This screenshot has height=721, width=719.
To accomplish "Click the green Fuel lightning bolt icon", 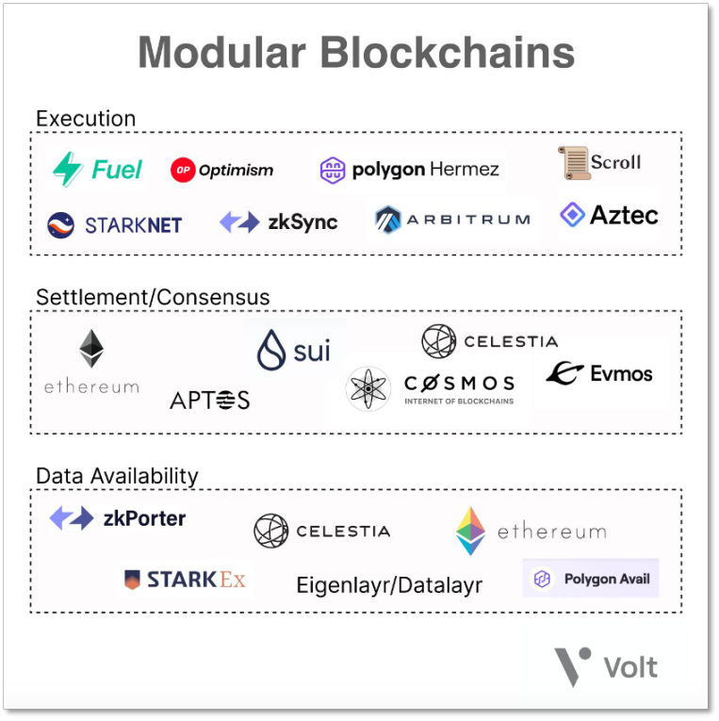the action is (x=68, y=170).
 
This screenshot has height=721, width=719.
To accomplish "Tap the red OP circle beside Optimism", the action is (x=183, y=170).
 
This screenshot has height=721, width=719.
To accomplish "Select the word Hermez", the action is (x=465, y=170).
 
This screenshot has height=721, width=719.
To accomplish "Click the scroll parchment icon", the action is (x=574, y=163).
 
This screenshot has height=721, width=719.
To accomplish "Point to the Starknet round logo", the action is (x=60, y=225).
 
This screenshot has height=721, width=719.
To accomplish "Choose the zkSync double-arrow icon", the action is (x=239, y=222).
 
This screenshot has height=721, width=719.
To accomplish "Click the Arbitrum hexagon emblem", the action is (x=388, y=220).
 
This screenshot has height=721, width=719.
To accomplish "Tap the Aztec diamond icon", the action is (x=573, y=214).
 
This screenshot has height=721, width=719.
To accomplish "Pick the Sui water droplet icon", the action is (x=271, y=351).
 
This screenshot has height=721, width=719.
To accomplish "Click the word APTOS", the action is (x=209, y=400).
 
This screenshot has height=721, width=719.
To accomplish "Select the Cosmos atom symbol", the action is (x=368, y=389).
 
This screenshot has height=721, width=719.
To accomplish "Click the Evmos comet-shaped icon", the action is (x=564, y=372).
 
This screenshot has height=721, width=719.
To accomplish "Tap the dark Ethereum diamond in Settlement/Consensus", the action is (x=91, y=348).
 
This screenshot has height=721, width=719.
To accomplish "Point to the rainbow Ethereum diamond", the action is (x=470, y=531).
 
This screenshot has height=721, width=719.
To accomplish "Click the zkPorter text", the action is (x=144, y=518).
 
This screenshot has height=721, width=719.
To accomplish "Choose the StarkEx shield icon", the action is (x=133, y=580).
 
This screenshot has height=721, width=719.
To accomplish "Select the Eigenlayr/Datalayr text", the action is (x=389, y=585).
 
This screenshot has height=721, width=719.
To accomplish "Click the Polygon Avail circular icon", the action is (x=542, y=578).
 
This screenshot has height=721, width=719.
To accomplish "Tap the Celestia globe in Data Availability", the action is (x=271, y=532).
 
